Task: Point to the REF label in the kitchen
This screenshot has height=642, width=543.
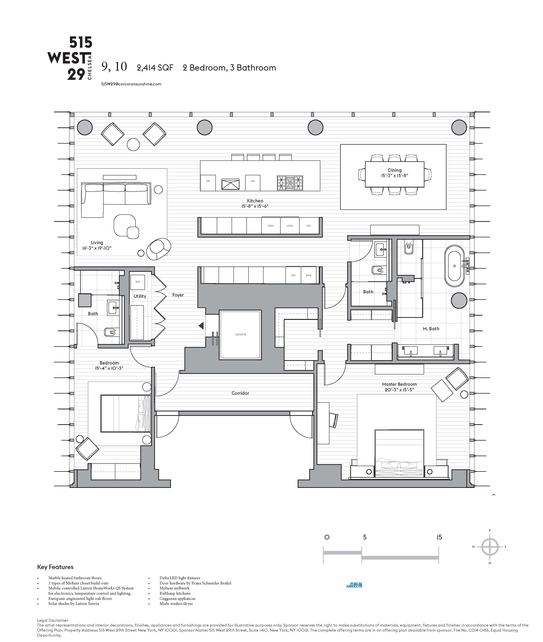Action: pos(309,226)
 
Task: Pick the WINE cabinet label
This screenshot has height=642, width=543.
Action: pos(308,276)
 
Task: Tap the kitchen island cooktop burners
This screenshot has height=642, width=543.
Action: pos(290,183)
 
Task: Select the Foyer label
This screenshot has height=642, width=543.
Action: pos(178,295)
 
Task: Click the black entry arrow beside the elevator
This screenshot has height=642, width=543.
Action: pos(201,325)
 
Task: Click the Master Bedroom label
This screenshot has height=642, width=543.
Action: pos(399,384)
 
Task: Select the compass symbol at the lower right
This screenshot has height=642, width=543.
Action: pos(490,547)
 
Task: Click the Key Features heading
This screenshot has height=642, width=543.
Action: pos(55,567)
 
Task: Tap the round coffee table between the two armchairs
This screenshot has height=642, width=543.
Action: pos(133,144)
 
